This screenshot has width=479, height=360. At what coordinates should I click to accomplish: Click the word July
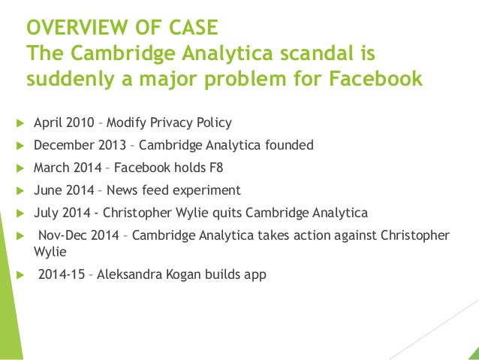point(47,213)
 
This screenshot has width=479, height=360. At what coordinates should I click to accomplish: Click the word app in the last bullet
point(255,275)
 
